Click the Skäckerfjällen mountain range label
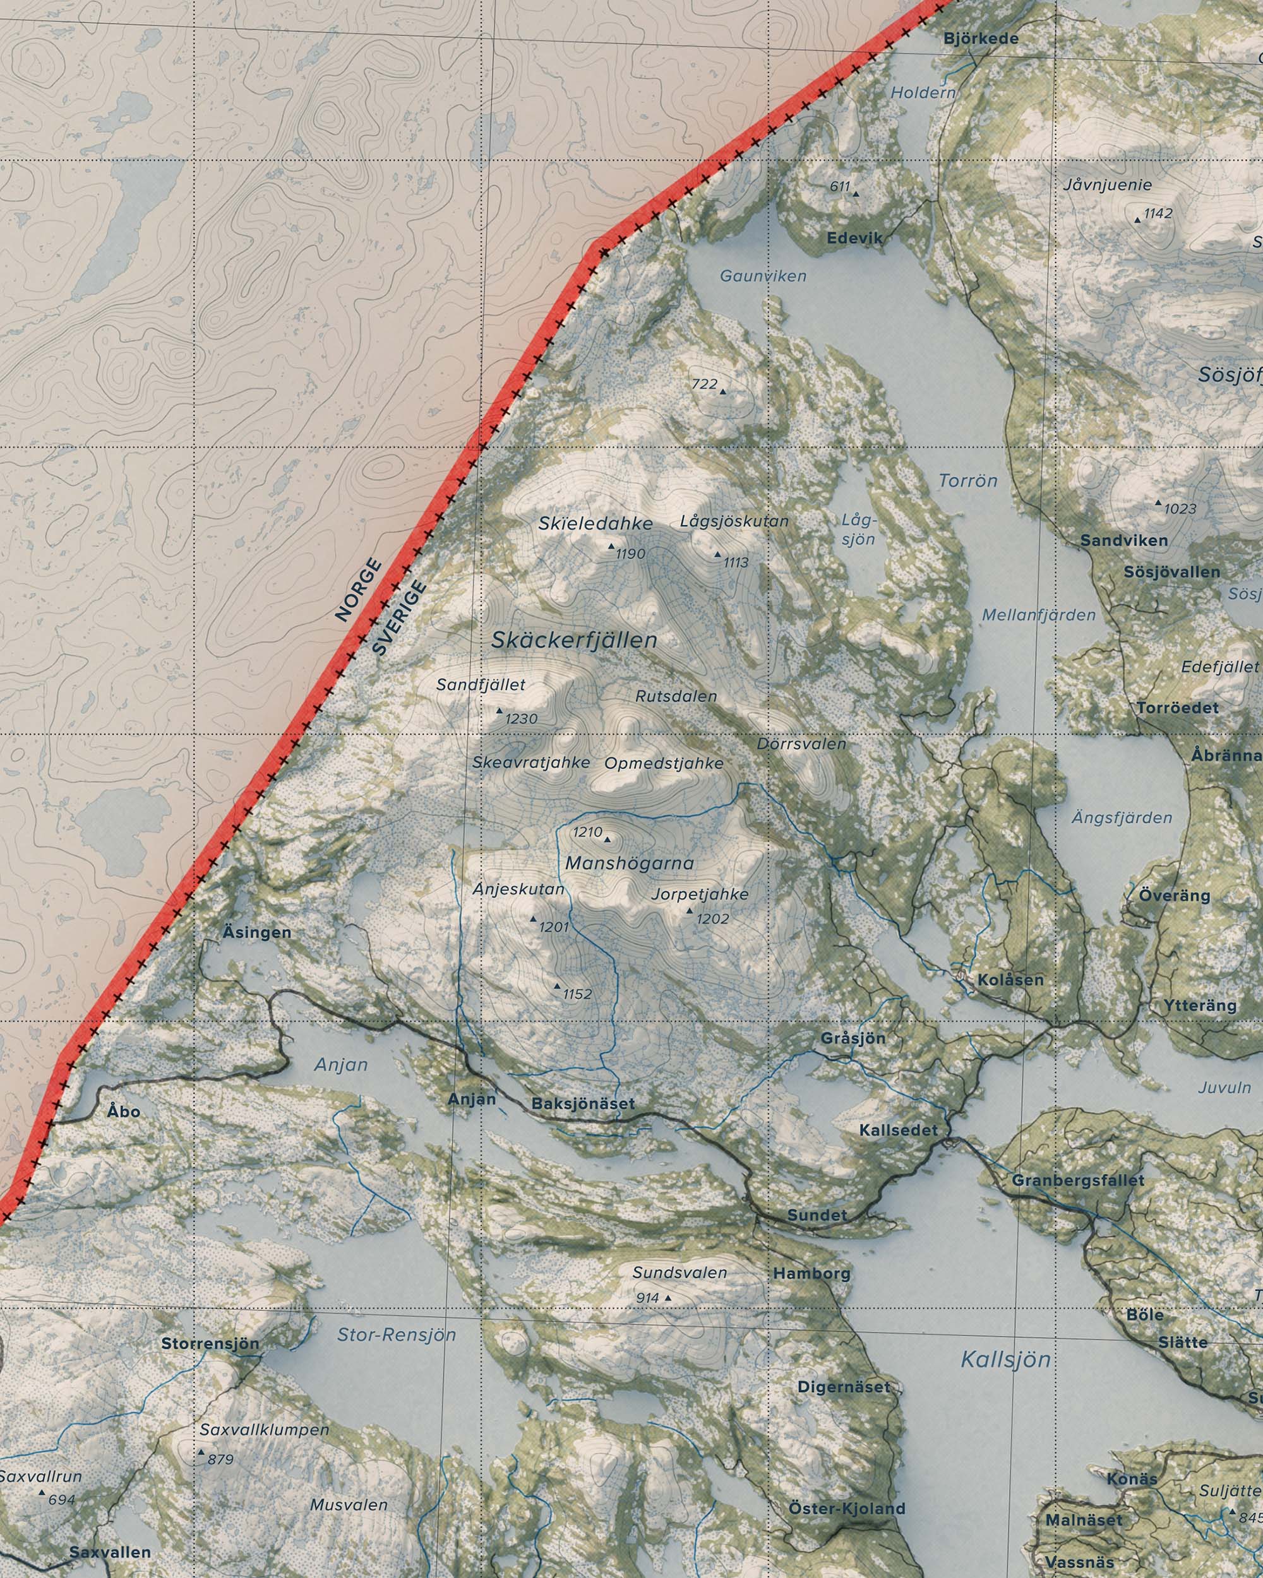[574, 641]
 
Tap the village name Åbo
[123, 1111]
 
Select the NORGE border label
[358, 590]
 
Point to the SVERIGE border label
[398, 617]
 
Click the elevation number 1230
[522, 720]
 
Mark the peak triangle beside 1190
[611, 546]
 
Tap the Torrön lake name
[968, 481]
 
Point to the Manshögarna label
[629, 863]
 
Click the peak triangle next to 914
[667, 1298]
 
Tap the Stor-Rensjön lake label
[396, 1334]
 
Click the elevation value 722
[704, 384]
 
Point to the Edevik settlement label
[855, 238]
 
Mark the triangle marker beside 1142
[1137, 220]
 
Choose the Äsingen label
[256, 932]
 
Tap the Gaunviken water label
[763, 276]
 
